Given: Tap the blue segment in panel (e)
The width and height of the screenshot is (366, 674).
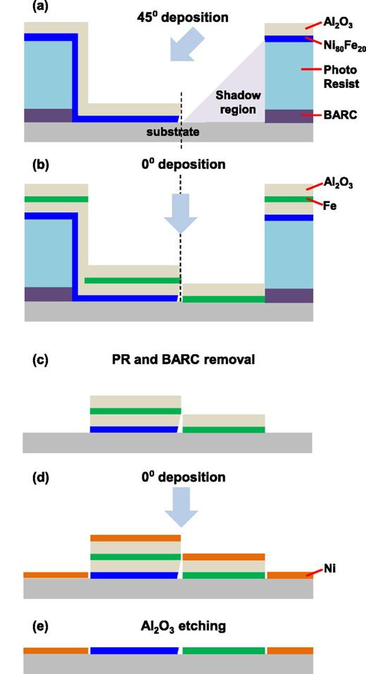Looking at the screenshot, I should click(x=135, y=651).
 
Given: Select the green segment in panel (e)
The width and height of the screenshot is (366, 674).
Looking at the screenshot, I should click(x=224, y=651).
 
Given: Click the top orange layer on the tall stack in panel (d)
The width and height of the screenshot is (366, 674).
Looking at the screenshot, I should click(x=135, y=538).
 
